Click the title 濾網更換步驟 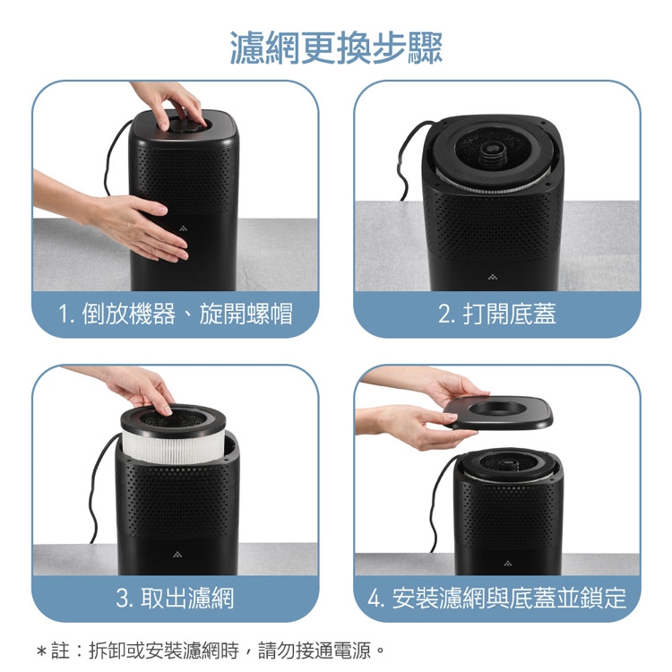pyautogui.click(x=336, y=47)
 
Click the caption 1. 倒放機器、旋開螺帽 pyautogui.click(x=176, y=314)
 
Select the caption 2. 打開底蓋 pyautogui.click(x=496, y=314)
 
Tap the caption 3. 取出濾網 pyautogui.click(x=175, y=598)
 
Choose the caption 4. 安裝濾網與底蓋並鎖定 pyautogui.click(x=496, y=598)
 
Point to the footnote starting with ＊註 pyautogui.click(x=211, y=650)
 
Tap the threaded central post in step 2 pyautogui.click(x=492, y=154)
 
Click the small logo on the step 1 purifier pyautogui.click(x=184, y=228)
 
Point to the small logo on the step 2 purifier pyautogui.click(x=493, y=277)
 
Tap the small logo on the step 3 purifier pyautogui.click(x=177, y=555)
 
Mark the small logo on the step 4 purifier pyautogui.click(x=508, y=564)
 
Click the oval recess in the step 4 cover pyautogui.click(x=497, y=409)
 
